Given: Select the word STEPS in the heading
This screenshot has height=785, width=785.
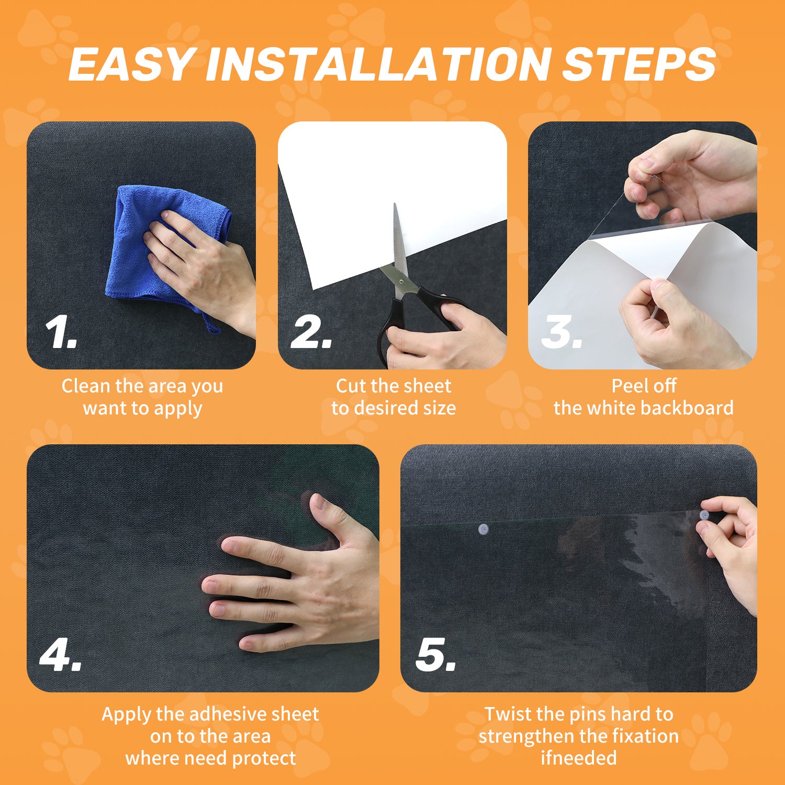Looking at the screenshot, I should tap(638, 65).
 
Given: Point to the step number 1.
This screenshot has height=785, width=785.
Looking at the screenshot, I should tap(60, 333).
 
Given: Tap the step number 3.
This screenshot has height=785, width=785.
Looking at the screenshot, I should tap(561, 333).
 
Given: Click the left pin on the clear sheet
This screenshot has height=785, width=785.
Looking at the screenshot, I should tap(484, 529).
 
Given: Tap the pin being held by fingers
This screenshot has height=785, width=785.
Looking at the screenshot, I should tap(705, 516).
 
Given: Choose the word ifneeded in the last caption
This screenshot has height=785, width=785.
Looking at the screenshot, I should tap(578, 758).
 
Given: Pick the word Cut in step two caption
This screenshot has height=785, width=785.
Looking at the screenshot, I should tap(351, 386).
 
